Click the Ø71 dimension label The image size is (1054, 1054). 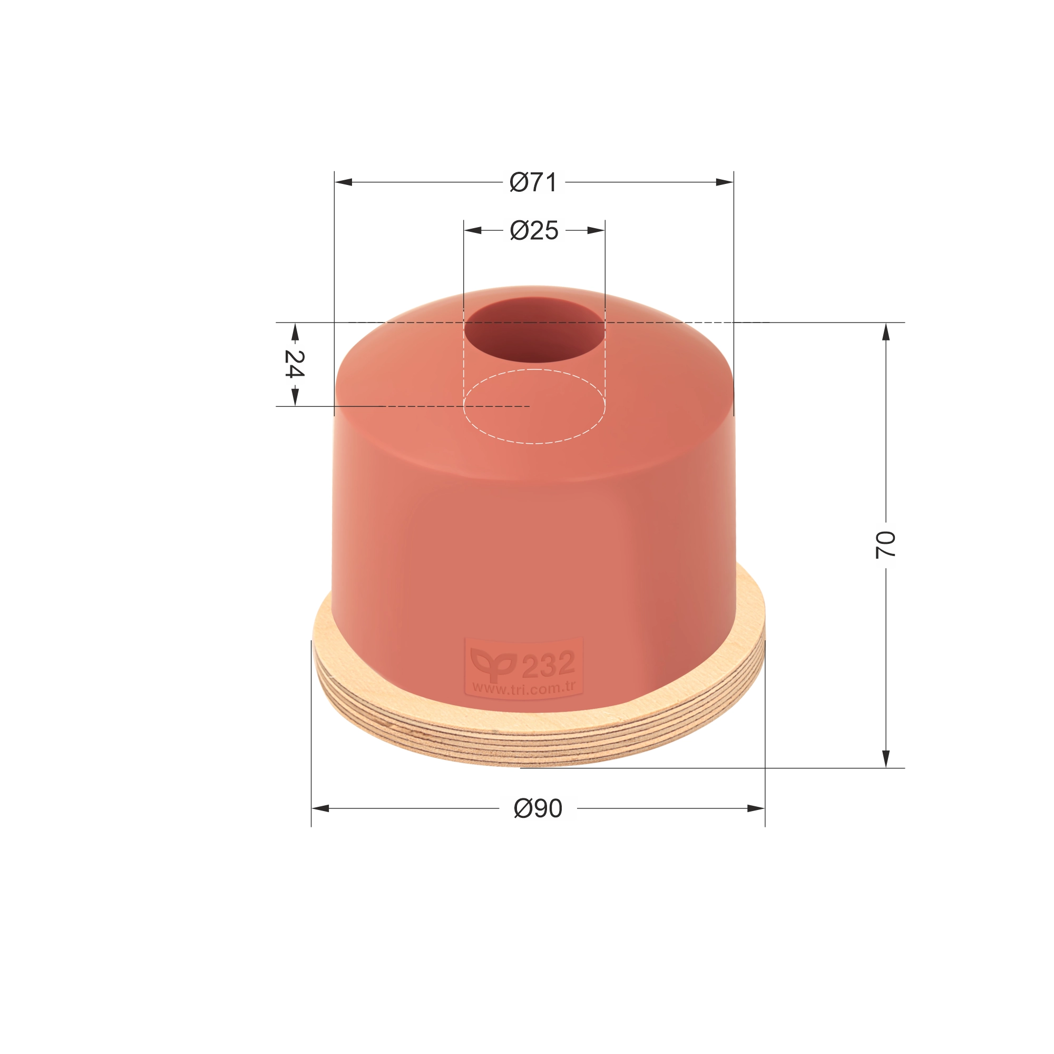533,182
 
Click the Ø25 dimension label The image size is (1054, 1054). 533,231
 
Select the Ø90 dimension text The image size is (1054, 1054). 538,808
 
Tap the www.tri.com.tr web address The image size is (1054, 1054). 524,688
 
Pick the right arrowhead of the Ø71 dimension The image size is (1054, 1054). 725,182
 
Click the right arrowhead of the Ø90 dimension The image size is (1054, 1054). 756,808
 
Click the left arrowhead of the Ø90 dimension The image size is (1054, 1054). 321,808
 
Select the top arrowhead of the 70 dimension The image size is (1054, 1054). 885,331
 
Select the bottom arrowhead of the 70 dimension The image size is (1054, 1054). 885,758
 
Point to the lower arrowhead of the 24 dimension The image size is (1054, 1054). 295,397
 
